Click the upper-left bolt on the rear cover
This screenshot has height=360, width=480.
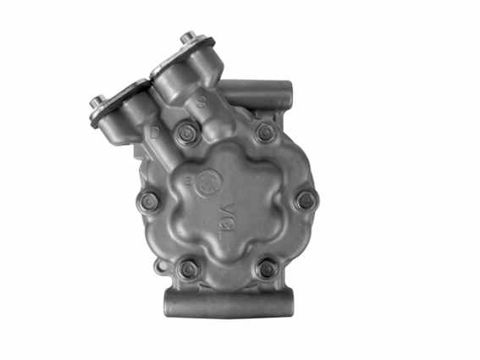tap(186, 132)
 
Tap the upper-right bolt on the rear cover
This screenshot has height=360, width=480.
tap(265, 132)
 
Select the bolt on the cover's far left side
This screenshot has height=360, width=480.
tap(149, 202)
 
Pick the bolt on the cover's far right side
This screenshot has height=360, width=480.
tap(306, 201)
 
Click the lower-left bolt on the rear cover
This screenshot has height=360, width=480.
tap(188, 269)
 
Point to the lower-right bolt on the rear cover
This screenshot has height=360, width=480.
tap(268, 269)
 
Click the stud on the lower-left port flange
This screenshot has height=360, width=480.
tap(95, 102)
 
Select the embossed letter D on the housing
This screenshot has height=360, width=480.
tap(154, 134)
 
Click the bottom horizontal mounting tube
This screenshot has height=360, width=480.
tap(228, 302)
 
